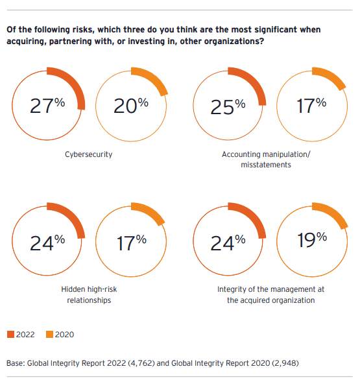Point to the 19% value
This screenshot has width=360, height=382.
[312, 241]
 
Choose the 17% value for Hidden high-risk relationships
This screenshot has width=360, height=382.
[131, 243]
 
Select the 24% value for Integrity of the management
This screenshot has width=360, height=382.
[228, 243]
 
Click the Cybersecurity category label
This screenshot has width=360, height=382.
[89, 154]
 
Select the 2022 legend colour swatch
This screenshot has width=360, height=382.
[10, 334]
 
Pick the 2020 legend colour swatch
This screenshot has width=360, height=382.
[49, 334]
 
